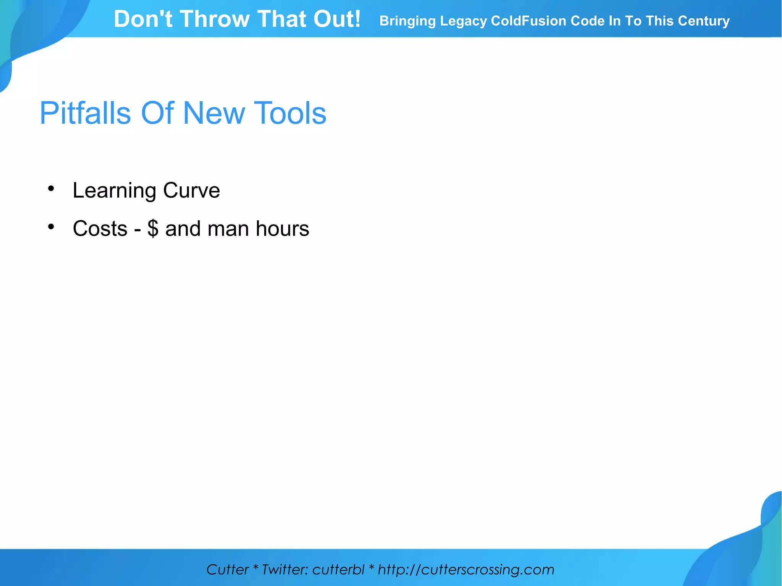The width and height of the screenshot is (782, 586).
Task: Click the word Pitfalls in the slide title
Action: pyautogui.click(x=85, y=113)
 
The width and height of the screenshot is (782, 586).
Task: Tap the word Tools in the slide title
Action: pyautogui.click(x=290, y=113)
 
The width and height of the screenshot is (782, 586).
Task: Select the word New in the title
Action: pyautogui.click(x=214, y=113)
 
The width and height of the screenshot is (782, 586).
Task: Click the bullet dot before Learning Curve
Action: pyautogui.click(x=51, y=188)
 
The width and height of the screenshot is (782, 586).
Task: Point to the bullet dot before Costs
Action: pyautogui.click(x=51, y=227)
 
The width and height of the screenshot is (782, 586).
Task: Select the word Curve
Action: pyautogui.click(x=191, y=190)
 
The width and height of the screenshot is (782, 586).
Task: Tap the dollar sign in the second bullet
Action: pyautogui.click(x=153, y=229)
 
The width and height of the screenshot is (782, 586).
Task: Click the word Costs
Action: pyautogui.click(x=100, y=229)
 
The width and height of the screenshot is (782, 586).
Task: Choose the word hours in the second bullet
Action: pyautogui.click(x=282, y=229)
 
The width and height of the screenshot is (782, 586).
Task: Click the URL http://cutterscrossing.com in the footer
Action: pyautogui.click(x=466, y=570)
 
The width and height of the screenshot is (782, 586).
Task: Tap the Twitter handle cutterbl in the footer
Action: pyautogui.click(x=338, y=570)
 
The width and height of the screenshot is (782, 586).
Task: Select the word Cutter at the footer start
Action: pyautogui.click(x=228, y=570)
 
